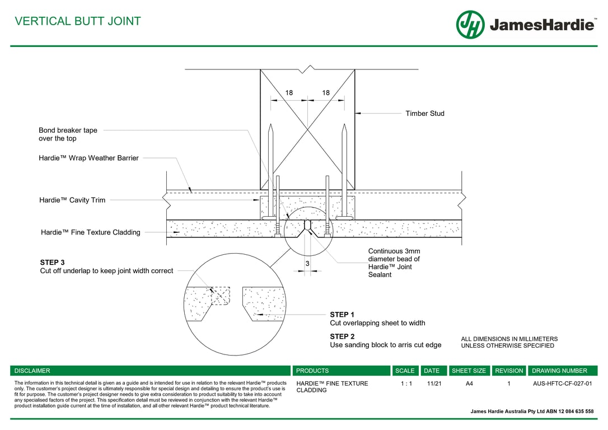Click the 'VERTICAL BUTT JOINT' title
point(78,21)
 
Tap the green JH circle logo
point(470,25)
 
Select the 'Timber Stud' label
point(425,114)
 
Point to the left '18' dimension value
point(289,93)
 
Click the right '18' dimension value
point(326,93)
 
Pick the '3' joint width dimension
point(307,263)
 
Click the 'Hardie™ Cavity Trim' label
point(72,200)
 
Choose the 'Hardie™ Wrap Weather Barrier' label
point(88,158)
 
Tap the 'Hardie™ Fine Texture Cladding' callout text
point(91,232)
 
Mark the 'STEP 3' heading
point(52,262)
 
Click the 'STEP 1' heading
point(342,315)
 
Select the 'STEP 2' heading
point(342,336)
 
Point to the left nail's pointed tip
point(270,127)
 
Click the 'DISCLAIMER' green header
point(32,371)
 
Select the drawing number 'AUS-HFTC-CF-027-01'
point(562,384)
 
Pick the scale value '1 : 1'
point(406,384)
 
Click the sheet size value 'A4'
point(469,384)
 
